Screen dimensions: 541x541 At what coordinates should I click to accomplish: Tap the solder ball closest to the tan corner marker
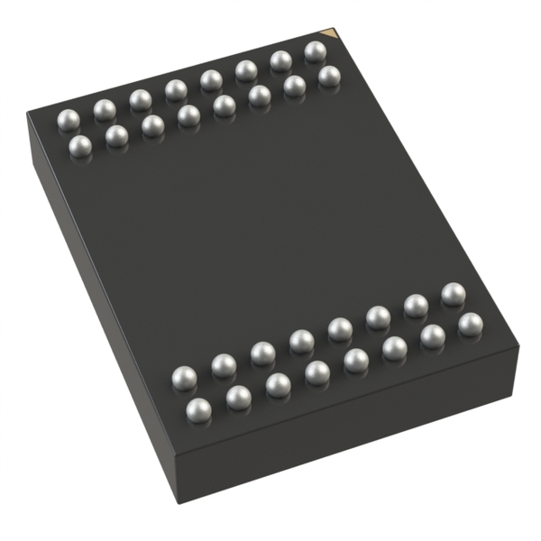click(x=315, y=51)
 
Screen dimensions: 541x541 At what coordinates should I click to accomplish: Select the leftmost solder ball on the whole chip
click(x=69, y=119)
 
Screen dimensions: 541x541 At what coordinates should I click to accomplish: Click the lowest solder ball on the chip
click(x=198, y=410)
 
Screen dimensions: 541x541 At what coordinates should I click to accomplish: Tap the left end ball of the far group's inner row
click(x=80, y=146)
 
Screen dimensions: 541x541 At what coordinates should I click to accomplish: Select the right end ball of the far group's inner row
click(x=329, y=77)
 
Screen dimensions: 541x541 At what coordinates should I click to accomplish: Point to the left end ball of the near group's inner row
click(x=184, y=378)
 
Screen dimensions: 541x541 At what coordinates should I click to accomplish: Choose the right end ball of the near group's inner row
click(x=453, y=294)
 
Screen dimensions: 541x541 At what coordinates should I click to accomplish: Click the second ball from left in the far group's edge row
click(x=105, y=110)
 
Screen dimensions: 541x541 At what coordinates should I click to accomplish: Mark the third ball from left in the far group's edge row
click(x=140, y=100)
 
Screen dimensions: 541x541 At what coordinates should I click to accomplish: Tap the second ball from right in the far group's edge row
click(x=281, y=61)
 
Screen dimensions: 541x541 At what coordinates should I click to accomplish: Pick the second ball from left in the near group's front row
click(x=238, y=398)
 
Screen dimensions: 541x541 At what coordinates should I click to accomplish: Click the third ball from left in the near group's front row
click(x=278, y=385)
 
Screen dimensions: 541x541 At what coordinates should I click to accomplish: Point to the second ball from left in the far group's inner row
click(x=116, y=136)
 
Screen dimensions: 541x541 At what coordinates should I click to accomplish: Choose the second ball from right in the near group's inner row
click(x=416, y=306)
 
